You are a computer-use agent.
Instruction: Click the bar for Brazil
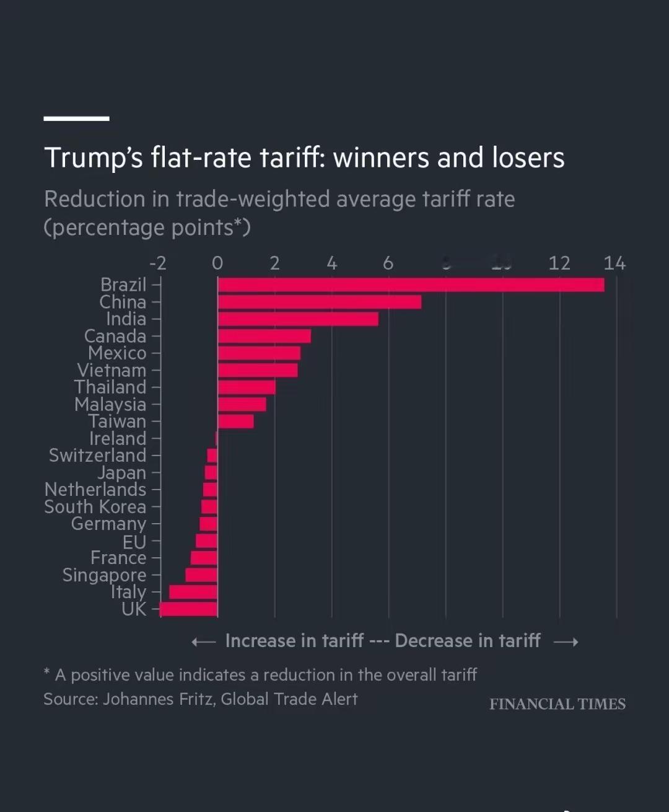pyautogui.click(x=411, y=285)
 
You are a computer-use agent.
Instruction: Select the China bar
pyautogui.click(x=319, y=302)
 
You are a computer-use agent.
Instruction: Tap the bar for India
pyautogui.click(x=298, y=319)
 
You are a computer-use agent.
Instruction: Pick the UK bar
pyautogui.click(x=188, y=609)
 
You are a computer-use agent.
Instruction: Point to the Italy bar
pyautogui.click(x=193, y=592)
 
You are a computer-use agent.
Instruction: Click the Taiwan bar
pyautogui.click(x=236, y=421)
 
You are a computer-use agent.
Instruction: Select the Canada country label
pyautogui.click(x=115, y=337)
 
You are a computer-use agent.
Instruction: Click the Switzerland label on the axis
pyautogui.click(x=98, y=456)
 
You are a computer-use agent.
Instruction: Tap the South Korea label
pyautogui.click(x=95, y=507)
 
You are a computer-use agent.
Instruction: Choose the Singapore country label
pyautogui.click(x=104, y=575)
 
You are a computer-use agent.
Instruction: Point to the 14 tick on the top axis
pyautogui.click(x=614, y=263)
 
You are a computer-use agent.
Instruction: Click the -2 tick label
pyautogui.click(x=158, y=263)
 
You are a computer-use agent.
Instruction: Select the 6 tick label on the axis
pyautogui.click(x=388, y=263)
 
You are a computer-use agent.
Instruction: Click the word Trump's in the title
pyautogui.click(x=94, y=158)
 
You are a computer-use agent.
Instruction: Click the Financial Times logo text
pyautogui.click(x=557, y=704)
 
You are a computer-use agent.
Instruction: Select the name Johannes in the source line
pyautogui.click(x=138, y=699)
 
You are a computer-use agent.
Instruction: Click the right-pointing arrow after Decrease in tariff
pyautogui.click(x=566, y=642)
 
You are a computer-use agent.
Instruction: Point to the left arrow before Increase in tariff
pyautogui.click(x=203, y=642)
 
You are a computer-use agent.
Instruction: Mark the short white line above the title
pyautogui.click(x=76, y=118)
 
